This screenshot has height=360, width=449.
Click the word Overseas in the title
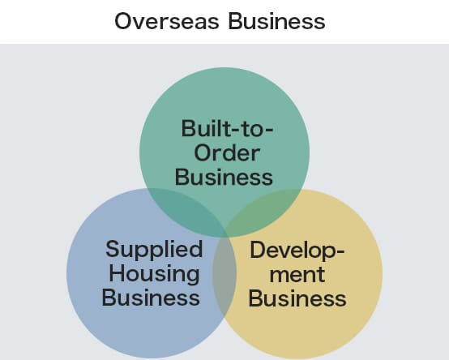pyautogui.click(x=167, y=21)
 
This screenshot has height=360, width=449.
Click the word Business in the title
pyautogui.click(x=276, y=21)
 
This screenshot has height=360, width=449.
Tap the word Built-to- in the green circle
pyautogui.click(x=228, y=128)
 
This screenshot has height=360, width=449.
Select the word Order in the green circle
pyautogui.click(x=227, y=153)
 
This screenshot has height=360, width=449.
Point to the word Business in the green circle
pyautogui.click(x=224, y=177)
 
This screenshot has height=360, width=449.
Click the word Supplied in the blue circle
pyautogui.click(x=154, y=250)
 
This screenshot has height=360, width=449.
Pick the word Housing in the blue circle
pyautogui.click(x=154, y=275)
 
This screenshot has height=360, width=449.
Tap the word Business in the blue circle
pyautogui.click(x=151, y=298)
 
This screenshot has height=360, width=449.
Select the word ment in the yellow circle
pyautogui.click(x=297, y=274)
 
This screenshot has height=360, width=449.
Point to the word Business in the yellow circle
pyautogui.click(x=297, y=298)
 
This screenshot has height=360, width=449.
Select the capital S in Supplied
pyautogui.click(x=112, y=249)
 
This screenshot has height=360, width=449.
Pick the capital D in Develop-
pyautogui.click(x=258, y=250)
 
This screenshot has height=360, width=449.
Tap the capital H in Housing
pyautogui.click(x=117, y=273)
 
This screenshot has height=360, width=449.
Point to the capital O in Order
pyautogui.click(x=203, y=153)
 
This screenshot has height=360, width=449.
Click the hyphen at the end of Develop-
pyautogui.click(x=340, y=251)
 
